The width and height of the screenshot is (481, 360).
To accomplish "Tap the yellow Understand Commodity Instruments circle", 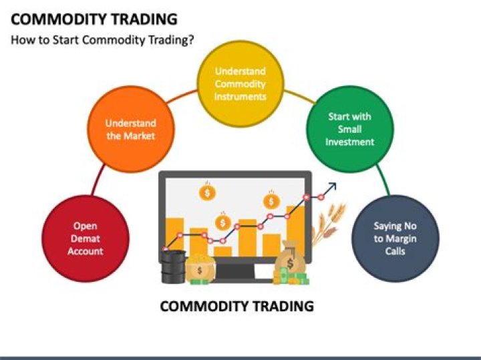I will (240, 84).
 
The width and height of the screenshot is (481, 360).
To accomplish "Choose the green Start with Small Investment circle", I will (349, 128).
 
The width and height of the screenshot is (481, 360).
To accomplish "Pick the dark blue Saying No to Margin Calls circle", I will (395, 239).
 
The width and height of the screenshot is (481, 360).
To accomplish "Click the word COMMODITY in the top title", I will (57, 19).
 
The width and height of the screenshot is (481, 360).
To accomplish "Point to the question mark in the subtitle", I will (191, 39).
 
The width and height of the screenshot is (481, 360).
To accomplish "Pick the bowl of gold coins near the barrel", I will (198, 268).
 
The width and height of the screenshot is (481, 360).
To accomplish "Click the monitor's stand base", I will (235, 277).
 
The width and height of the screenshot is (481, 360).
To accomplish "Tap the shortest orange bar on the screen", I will (223, 251).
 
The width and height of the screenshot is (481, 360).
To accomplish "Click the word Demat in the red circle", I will (85, 239).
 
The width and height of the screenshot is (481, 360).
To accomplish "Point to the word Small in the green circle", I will (349, 129).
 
